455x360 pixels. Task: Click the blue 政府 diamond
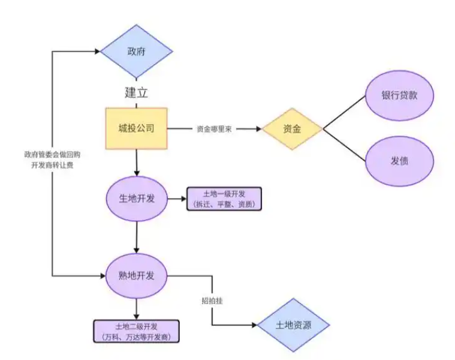coord(136,52)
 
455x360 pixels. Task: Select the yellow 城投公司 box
coord(136,128)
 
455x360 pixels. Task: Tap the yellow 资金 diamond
coord(292,128)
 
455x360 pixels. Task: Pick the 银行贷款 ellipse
coord(399,96)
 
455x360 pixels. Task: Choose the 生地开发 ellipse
coord(136,199)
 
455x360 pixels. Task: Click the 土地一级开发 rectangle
coord(224,199)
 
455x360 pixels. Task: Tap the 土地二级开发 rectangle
coord(137,332)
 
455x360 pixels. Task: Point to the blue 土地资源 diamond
coord(293,325)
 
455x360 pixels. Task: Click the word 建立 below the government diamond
coord(136,94)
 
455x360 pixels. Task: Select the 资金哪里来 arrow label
coord(214,129)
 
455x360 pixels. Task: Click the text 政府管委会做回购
coord(52,154)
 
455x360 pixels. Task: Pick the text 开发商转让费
coord(52,164)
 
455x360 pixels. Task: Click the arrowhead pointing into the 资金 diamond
coord(259,129)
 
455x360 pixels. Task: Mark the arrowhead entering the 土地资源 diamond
coord(254,325)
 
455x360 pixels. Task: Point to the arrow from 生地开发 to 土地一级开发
coord(176,199)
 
